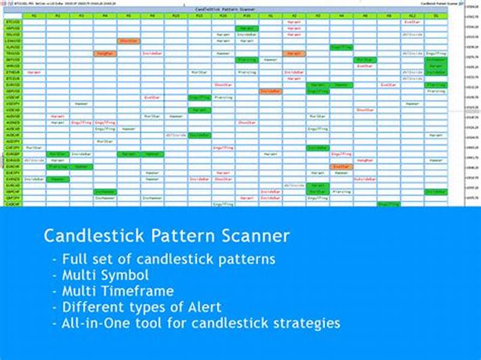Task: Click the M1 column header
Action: [x=34, y=16]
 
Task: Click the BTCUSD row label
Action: [x=13, y=22]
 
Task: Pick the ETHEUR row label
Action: [x=13, y=72]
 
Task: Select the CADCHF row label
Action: [x=13, y=204]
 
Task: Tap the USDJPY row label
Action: [x=13, y=103]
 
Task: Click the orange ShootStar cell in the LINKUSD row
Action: [x=129, y=41]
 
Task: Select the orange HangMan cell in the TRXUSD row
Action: [x=105, y=53]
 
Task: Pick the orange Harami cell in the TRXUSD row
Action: [x=294, y=53]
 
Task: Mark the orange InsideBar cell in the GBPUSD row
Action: [x=270, y=91]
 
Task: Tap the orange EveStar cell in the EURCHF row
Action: [x=341, y=166]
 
